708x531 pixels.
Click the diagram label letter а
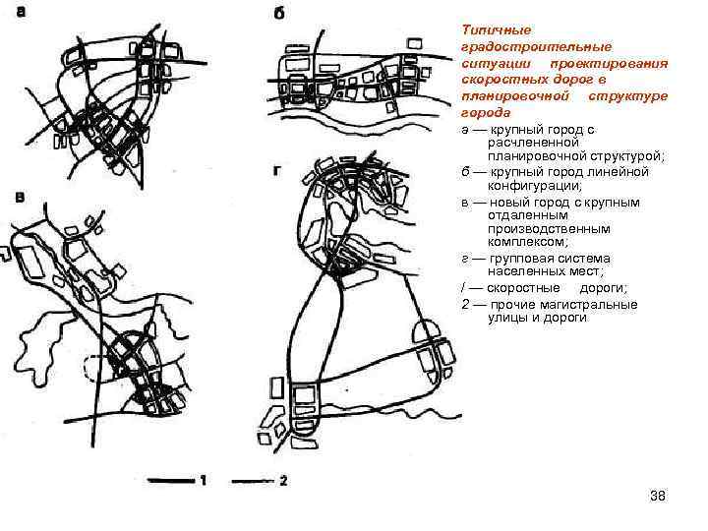point(21,12)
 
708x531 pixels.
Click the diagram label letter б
point(279,14)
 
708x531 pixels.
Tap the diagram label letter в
point(20,198)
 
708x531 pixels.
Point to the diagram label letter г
point(277,171)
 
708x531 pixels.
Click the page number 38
point(658,496)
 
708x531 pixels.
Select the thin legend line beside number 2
point(253,481)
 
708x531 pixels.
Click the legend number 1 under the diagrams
point(204,480)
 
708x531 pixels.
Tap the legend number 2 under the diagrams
point(283,480)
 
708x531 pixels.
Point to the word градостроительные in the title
point(537,47)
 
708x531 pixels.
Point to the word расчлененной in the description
point(533,143)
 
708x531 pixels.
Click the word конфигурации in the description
point(535,186)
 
